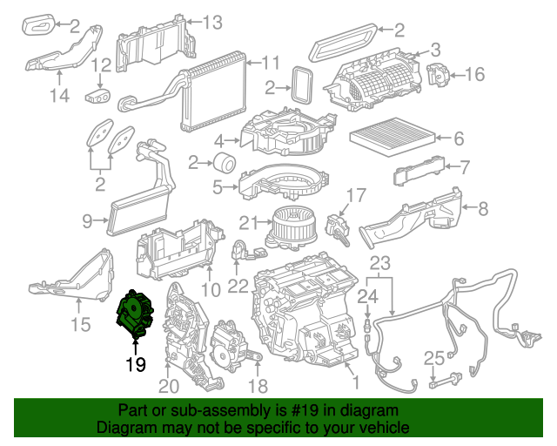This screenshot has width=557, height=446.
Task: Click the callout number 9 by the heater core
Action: pos(88,222)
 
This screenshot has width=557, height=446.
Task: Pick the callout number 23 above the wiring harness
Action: pos(380,262)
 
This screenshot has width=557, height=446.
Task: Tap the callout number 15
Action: pos(79,327)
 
